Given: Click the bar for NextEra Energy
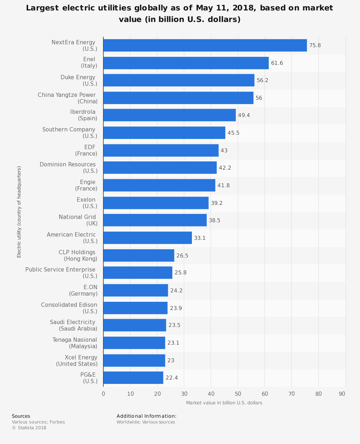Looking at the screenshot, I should (x=205, y=45).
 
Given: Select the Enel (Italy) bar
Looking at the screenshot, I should (x=186, y=63).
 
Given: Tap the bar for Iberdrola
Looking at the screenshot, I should (x=169, y=115).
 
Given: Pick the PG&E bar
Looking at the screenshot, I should (x=133, y=378).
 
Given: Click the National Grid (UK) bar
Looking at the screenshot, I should (x=155, y=220).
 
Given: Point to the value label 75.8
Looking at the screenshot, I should (x=315, y=45).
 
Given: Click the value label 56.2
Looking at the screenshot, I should (x=262, y=80).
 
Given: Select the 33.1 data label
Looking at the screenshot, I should (x=200, y=238).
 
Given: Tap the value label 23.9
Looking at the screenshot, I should (x=176, y=308).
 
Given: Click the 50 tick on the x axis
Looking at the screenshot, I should (x=238, y=394).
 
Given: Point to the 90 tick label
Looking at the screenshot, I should (x=342, y=394).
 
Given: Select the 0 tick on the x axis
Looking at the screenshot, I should (x=103, y=394).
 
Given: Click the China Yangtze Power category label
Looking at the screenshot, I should (x=67, y=98).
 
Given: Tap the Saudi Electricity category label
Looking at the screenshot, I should (x=73, y=325).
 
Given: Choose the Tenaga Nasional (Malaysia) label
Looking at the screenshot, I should (x=75, y=343).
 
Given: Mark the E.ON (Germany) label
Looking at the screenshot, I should (x=83, y=290).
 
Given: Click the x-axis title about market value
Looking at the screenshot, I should (x=224, y=403).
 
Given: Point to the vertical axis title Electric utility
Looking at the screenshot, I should (x=19, y=212).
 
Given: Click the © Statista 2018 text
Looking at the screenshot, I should (x=29, y=428).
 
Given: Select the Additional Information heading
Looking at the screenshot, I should (x=147, y=416).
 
